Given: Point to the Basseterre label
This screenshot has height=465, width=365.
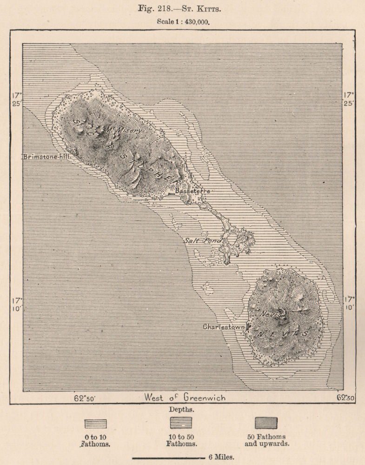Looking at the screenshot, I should tap(192, 191).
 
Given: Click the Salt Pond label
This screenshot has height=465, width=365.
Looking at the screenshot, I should tap(202, 240).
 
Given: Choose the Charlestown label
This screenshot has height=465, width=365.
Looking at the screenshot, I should tap(224, 327).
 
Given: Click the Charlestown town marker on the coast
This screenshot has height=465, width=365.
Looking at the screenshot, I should tap(248, 327).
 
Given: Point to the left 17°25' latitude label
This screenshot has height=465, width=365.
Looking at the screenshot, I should tap(17, 99).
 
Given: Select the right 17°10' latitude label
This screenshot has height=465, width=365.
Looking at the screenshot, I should tap(349, 303).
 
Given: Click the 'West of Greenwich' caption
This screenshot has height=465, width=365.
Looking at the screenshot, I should tap(185, 398).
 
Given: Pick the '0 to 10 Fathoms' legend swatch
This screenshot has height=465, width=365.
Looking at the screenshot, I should tap(95, 424).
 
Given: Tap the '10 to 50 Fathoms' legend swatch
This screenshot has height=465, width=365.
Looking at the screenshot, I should tap(181, 423).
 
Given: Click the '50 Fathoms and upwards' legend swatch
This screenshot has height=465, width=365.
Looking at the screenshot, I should tap(266, 423).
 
